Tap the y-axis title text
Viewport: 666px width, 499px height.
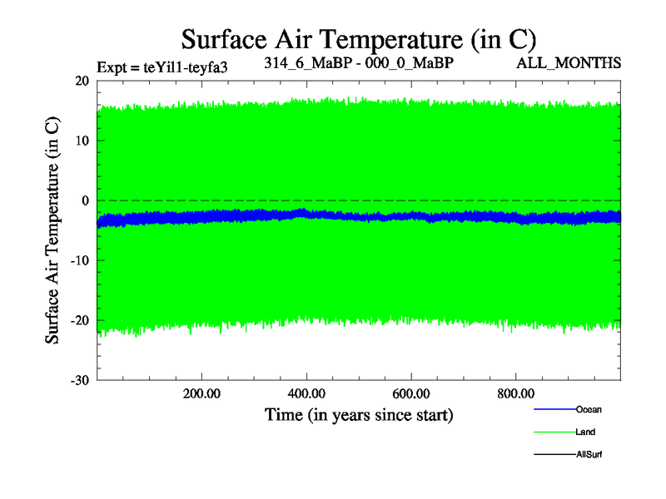tap(52, 230)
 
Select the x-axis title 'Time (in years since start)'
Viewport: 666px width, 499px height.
tap(359, 414)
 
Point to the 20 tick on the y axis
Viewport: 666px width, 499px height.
tap(82, 81)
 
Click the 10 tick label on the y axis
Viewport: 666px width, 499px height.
tap(82, 141)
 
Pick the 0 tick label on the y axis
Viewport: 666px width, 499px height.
tap(85, 200)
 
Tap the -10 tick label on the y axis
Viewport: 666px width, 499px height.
tap(79, 260)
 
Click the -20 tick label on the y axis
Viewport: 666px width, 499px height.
tap(79, 320)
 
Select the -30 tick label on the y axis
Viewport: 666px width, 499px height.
tap(79, 380)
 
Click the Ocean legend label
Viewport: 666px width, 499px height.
tap(589, 409)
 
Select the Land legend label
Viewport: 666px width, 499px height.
tap(585, 432)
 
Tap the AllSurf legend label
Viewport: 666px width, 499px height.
tap(589, 454)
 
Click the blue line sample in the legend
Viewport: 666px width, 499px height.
tap(554, 409)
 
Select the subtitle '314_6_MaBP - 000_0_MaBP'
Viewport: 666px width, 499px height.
tap(359, 63)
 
